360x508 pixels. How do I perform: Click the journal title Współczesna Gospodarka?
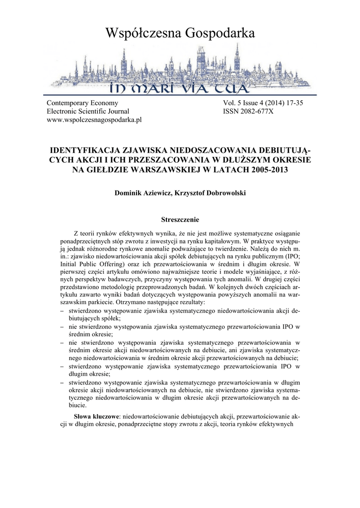point(180,33)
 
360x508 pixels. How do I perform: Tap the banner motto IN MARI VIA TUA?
point(179,89)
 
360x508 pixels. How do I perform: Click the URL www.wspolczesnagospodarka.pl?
point(94,120)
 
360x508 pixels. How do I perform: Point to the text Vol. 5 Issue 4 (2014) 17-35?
point(263,103)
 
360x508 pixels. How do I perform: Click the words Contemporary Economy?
point(82,103)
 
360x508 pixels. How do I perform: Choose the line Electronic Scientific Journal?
point(87,112)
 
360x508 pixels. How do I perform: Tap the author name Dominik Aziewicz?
point(142,192)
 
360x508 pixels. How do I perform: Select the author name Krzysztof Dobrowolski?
point(212,192)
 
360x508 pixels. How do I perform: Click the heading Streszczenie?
point(180,218)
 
